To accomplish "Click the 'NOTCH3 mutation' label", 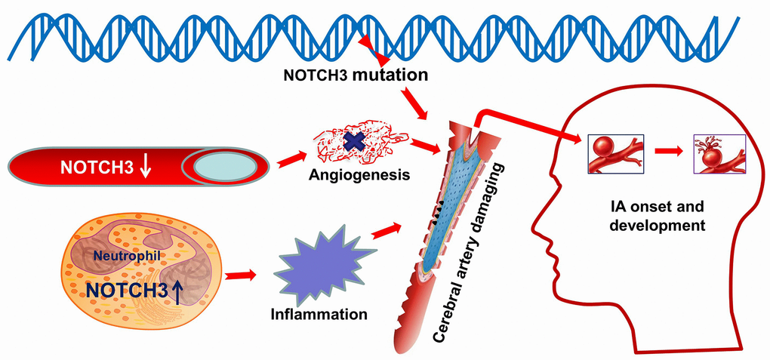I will click(x=355, y=75).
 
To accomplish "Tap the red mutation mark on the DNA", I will click(x=374, y=49).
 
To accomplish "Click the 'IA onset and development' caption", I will click(x=660, y=214).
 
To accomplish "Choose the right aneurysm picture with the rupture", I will click(x=719, y=153).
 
